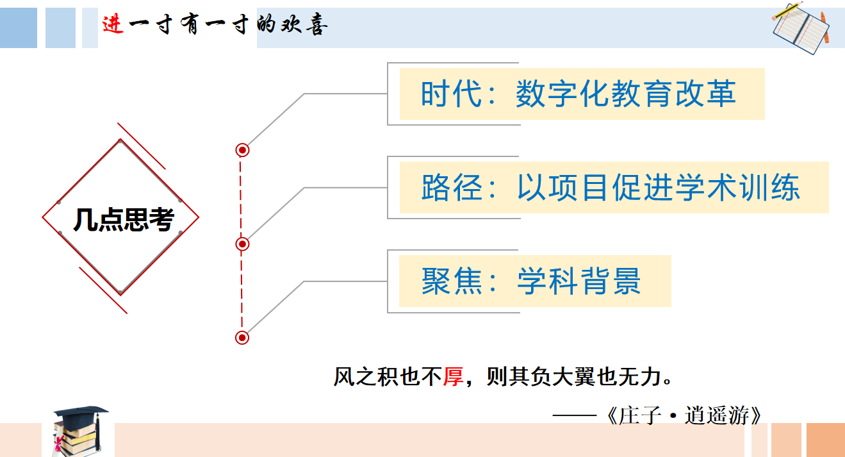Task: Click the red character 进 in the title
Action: click(113, 24)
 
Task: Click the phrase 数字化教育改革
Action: click(625, 94)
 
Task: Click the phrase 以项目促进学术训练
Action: click(658, 188)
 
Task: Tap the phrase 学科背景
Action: click(578, 281)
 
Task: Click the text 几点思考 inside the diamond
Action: click(123, 220)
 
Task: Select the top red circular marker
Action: click(242, 150)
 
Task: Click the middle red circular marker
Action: click(242, 244)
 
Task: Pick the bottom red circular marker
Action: click(242, 337)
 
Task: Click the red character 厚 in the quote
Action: click(453, 376)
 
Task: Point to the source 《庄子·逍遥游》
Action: click(684, 415)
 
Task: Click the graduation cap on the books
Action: click(81, 413)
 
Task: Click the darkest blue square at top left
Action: click(19, 28)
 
